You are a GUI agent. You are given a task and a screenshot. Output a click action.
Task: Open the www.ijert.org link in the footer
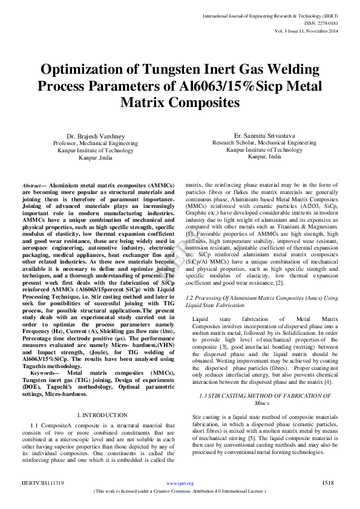(x=179, y=484)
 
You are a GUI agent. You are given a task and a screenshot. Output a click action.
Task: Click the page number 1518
(x=328, y=483)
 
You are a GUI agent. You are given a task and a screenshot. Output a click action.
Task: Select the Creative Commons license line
(x=180, y=492)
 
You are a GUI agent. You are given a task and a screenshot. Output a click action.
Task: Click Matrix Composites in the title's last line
(x=180, y=103)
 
